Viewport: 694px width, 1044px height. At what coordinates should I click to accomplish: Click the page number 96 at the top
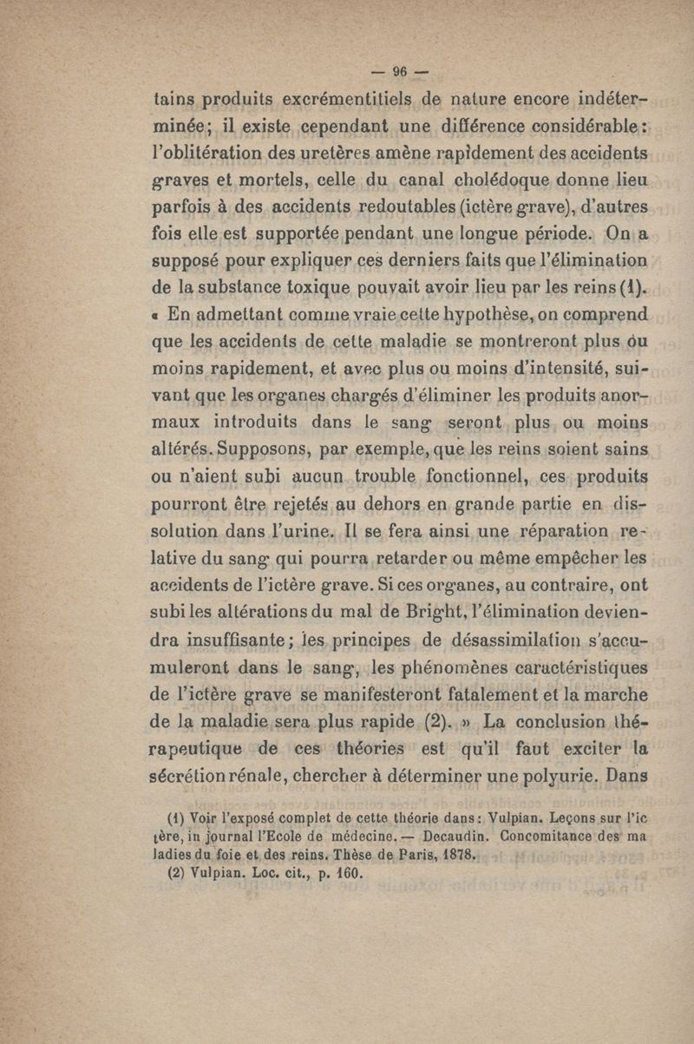(x=401, y=72)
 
